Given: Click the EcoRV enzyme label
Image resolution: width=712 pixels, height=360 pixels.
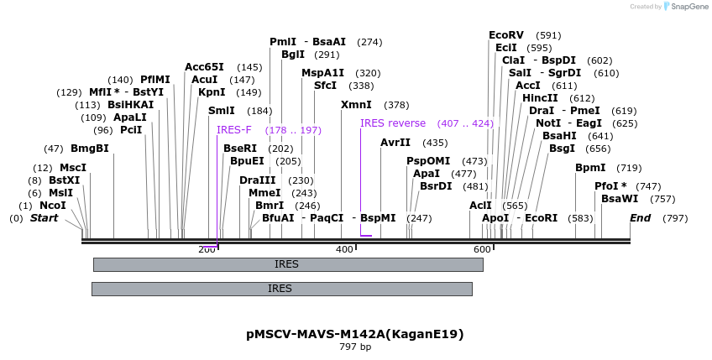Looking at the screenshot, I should click(x=506, y=35).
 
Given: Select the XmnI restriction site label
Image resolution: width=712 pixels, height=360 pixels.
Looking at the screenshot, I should click(x=356, y=105).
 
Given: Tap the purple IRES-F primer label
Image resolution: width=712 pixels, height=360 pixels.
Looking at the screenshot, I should click(x=233, y=130).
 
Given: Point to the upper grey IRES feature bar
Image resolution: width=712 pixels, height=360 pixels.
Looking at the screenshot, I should click(x=288, y=264).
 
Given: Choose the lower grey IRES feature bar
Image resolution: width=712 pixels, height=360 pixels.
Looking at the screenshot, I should click(x=281, y=289).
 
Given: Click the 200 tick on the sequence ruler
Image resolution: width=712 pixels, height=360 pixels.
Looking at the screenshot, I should click(x=207, y=250).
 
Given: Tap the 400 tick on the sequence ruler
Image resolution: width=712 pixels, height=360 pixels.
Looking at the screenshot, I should click(x=344, y=250).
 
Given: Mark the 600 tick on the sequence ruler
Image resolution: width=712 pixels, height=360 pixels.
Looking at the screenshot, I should click(x=482, y=250).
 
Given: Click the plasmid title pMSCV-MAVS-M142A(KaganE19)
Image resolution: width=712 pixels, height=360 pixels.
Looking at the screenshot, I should click(x=355, y=334).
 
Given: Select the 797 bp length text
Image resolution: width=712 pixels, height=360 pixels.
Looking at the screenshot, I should click(x=355, y=347).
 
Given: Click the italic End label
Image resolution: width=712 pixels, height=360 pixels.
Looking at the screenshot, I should click(x=641, y=218).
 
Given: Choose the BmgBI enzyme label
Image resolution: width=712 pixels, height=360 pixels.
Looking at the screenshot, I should click(x=90, y=149).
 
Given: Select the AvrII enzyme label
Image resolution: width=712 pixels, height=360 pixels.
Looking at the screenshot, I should click(x=395, y=143).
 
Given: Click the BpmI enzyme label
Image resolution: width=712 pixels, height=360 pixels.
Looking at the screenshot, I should click(x=590, y=168).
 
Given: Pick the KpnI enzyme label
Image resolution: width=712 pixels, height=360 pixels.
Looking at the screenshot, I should click(x=212, y=92).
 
